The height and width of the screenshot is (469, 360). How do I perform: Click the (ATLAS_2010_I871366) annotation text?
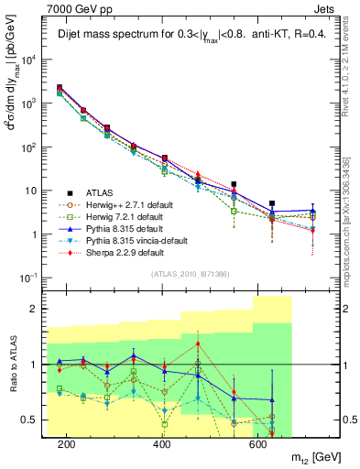tap(190, 275)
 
